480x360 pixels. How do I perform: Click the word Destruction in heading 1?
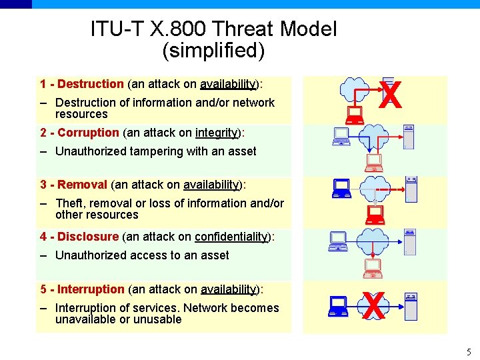click(91, 84)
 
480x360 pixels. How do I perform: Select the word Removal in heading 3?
click(83, 185)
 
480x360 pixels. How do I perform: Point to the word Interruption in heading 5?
click(91, 289)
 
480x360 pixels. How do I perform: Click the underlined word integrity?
click(217, 133)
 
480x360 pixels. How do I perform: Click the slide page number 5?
click(469, 352)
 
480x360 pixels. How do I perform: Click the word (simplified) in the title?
click(213, 50)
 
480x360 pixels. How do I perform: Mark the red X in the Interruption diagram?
click(375, 306)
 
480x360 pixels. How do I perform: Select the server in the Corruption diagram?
click(409, 136)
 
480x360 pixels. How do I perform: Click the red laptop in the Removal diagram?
click(375, 214)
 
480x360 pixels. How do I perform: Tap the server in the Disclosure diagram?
click(409, 241)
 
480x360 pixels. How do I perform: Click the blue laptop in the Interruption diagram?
click(339, 306)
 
